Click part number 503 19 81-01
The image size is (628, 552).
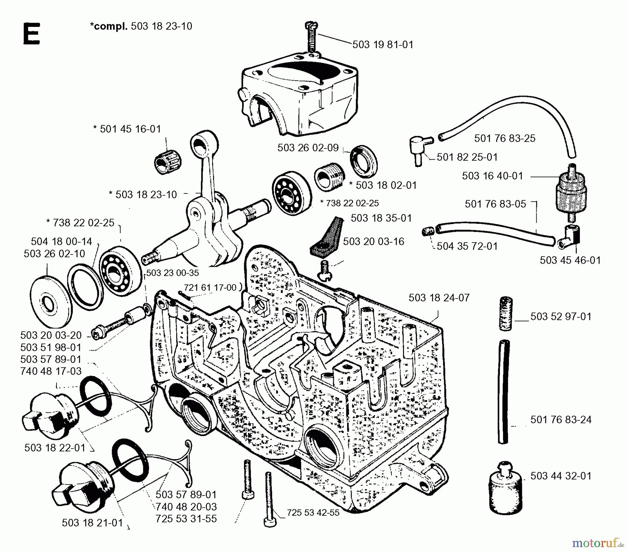click(383, 45)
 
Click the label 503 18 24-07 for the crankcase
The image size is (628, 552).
click(439, 298)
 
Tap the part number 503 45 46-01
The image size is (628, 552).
click(570, 260)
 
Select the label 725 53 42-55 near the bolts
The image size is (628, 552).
click(313, 513)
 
